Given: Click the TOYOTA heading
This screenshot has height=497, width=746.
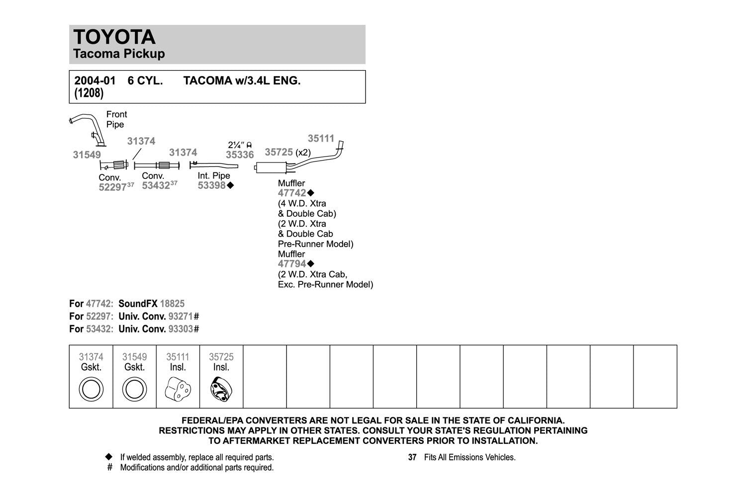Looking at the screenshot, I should point(114,37).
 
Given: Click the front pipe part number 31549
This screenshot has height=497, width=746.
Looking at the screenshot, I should point(87,155).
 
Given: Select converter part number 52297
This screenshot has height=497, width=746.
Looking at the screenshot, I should point(112,188).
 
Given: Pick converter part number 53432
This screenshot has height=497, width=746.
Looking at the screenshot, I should point(156,186).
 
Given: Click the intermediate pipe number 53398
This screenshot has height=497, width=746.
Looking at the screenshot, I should point(211,186).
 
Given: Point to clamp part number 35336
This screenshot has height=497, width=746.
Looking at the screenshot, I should point(240,155).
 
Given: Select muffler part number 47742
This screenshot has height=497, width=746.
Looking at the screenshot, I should point(292,193).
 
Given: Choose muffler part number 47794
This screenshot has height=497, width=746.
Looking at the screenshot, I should point(292,264).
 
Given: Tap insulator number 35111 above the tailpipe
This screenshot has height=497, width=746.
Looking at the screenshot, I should point(321,139).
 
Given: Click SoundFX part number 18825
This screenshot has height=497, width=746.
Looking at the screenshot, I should point(172,304).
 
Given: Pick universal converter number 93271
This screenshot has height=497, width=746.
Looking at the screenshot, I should point(181,317).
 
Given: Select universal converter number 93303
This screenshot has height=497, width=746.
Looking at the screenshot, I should point(181,329).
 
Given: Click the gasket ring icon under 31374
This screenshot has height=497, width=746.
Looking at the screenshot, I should point(91,389).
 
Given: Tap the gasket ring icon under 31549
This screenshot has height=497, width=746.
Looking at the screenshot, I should point(134,389).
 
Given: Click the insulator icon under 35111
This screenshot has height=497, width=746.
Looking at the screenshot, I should point(178,389).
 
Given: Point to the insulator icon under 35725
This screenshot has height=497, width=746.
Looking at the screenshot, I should point(221,389).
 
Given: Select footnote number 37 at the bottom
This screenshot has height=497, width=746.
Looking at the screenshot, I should point(412,457).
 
